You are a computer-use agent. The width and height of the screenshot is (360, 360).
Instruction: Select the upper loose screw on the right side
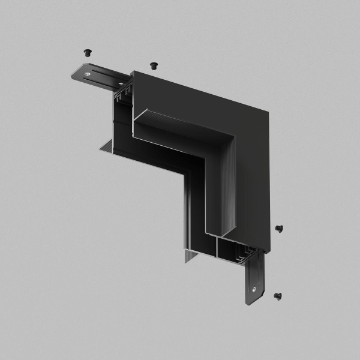pos(279,228)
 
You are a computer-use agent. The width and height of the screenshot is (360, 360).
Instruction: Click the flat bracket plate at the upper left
pos(96,76)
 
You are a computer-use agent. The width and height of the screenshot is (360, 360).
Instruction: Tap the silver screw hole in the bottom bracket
pos(254,289)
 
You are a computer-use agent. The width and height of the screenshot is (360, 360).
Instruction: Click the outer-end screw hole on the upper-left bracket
pos(88,74)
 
